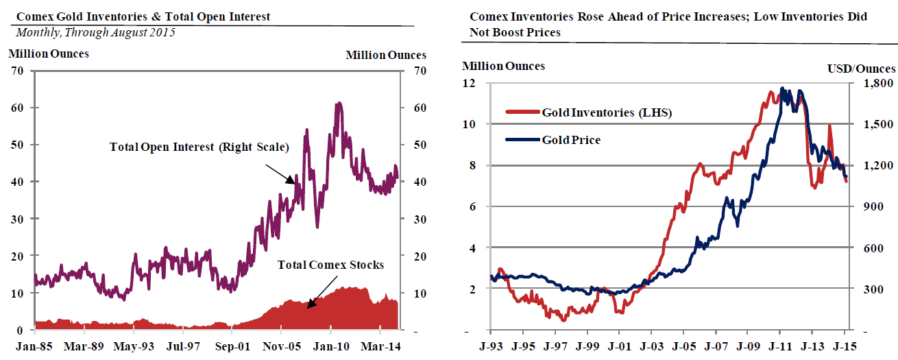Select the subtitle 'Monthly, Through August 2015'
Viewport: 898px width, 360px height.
click(x=95, y=32)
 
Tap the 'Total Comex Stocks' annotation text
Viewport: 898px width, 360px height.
click(x=330, y=265)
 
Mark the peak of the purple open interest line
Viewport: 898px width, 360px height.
click(x=338, y=104)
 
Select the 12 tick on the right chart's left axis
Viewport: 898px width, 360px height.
click(x=470, y=83)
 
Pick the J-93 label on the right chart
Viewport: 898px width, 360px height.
click(x=492, y=346)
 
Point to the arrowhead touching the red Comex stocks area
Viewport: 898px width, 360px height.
click(x=309, y=305)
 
